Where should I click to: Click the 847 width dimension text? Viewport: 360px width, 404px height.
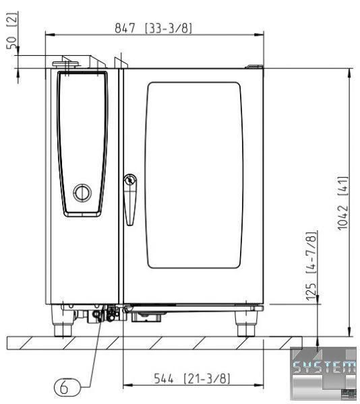pos(125,28)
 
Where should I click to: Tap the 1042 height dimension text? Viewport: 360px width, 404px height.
pos(342,218)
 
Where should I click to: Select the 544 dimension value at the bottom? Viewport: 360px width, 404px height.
pos(164,378)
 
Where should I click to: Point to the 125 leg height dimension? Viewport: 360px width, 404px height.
pos(311,291)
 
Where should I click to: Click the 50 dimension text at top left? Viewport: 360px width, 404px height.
pos(11,43)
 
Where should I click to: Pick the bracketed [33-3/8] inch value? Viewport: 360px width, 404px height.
pos(169,28)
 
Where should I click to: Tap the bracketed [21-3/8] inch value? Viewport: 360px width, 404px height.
pos(206,378)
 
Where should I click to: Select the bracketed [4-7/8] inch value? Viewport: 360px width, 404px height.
pos(311,252)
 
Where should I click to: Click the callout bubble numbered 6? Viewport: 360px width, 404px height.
pos(67,387)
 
